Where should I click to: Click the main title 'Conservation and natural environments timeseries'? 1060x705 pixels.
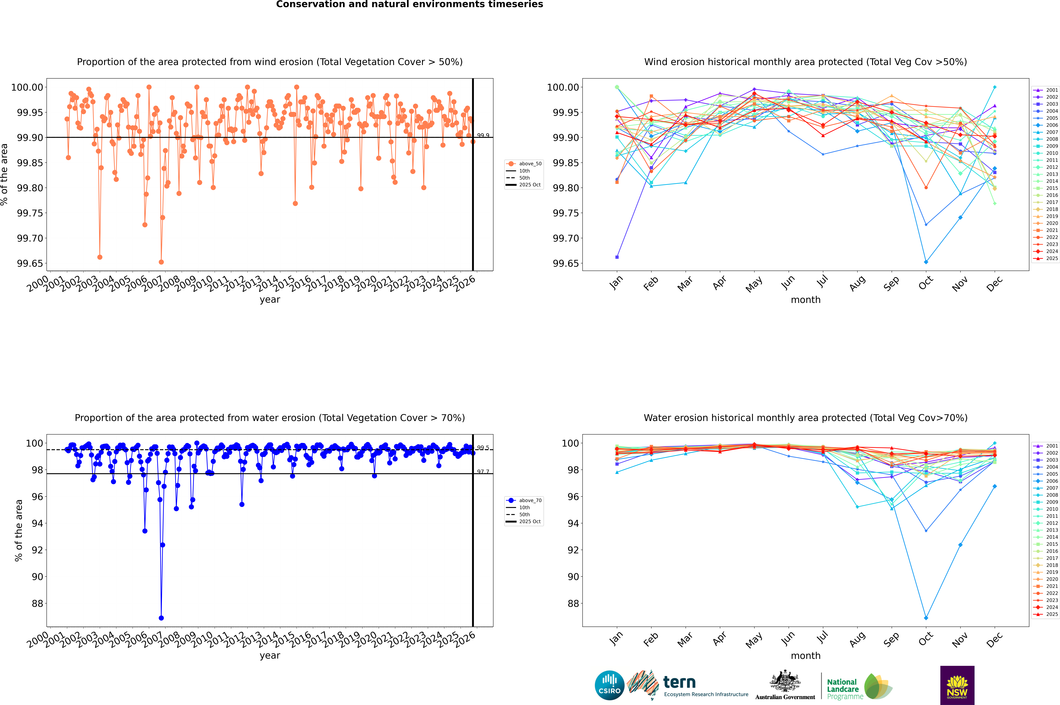[409, 4]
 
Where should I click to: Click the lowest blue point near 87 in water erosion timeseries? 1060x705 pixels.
[161, 618]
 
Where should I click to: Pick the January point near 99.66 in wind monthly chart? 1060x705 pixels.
[617, 257]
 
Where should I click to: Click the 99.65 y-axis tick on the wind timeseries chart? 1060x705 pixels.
[30, 263]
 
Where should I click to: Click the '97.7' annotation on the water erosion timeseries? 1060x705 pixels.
[483, 472]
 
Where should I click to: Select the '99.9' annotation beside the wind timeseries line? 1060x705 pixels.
[483, 135]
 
